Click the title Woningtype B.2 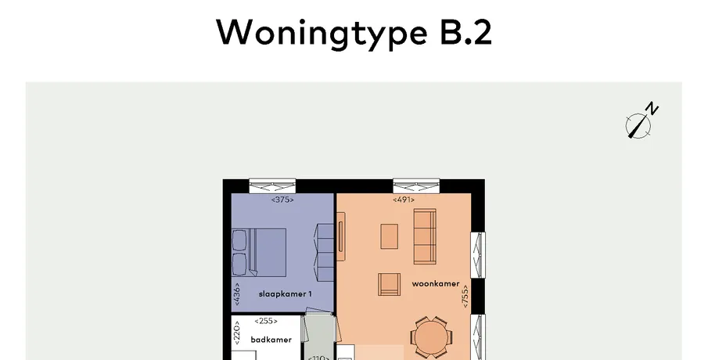(x=354, y=33)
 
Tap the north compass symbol (x=641, y=121)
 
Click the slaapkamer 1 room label (x=285, y=294)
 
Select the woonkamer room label (x=435, y=283)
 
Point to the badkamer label (x=271, y=340)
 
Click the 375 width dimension (x=282, y=200)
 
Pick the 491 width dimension (x=403, y=200)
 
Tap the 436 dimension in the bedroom (x=238, y=294)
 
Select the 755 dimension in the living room (x=465, y=297)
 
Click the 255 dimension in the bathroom (x=266, y=321)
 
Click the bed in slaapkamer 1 (x=259, y=252)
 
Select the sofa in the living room (x=425, y=236)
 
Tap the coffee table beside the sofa (x=390, y=236)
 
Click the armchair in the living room (x=390, y=285)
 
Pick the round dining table (x=431, y=337)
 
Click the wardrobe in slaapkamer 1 (x=325, y=251)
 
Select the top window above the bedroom (x=272, y=186)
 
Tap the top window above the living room (x=416, y=186)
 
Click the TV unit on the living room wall (x=341, y=236)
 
